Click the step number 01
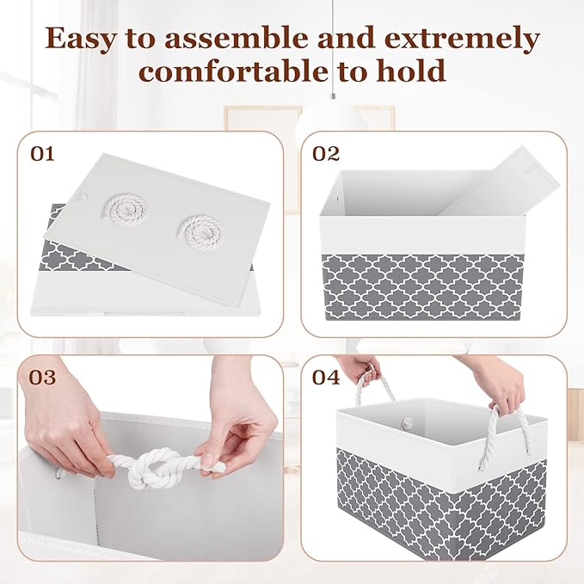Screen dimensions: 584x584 [42, 155]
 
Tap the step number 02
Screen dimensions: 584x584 [327, 155]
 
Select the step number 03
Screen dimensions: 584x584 [43, 378]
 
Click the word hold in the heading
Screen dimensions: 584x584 [411, 71]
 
